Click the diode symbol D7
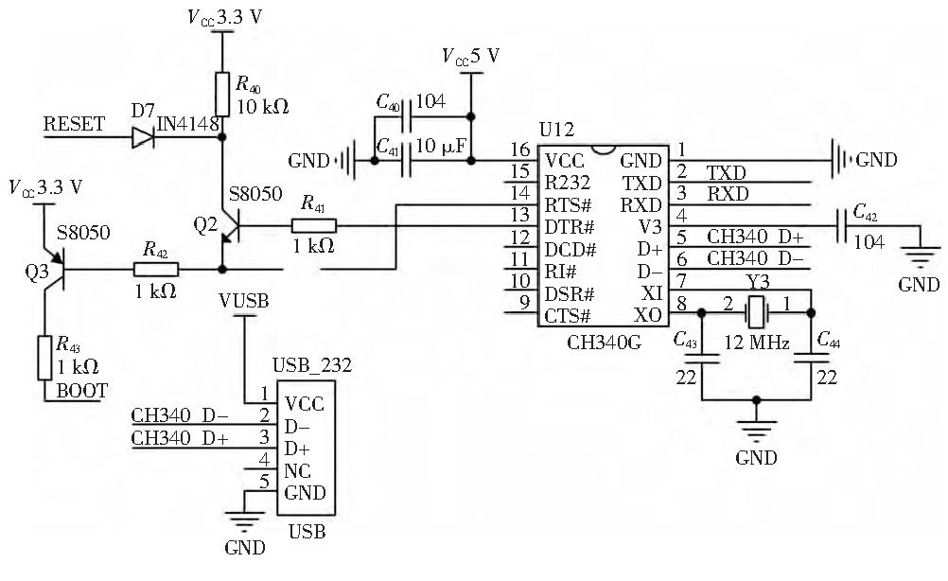coord(143,138)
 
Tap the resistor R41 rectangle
coord(313,226)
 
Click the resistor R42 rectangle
coord(156,270)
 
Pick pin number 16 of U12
coord(518,150)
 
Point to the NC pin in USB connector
coord(295,471)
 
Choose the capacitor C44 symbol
coord(812,358)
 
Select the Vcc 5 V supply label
coord(469,56)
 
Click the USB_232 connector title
coord(311,366)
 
